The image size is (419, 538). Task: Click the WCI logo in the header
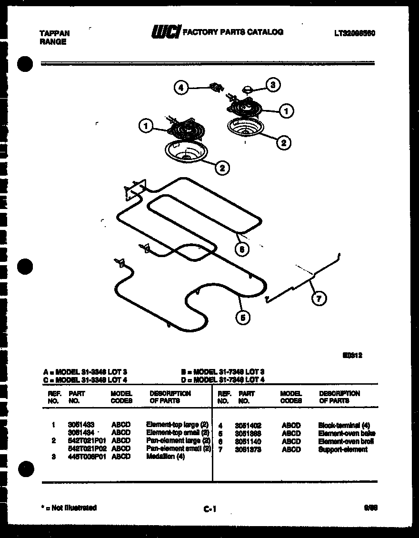(165, 32)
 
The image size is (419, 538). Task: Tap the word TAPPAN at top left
(54, 33)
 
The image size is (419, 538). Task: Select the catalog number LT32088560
(354, 34)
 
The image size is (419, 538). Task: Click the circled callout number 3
(272, 85)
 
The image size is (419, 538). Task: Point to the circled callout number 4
(180, 88)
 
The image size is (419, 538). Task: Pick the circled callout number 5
(243, 318)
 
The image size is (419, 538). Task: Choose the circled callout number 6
(242, 249)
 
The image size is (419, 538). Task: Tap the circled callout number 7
(319, 299)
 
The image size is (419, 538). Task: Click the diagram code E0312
(352, 355)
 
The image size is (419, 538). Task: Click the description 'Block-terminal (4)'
(344, 425)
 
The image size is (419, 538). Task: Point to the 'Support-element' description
(342, 449)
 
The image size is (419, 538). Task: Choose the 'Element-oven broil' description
(346, 441)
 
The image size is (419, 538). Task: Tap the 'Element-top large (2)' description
(177, 424)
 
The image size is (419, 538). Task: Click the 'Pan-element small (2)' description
(178, 448)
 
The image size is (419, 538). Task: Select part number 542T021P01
(86, 440)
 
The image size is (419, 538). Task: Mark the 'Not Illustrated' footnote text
(70, 508)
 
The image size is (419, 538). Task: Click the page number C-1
(209, 509)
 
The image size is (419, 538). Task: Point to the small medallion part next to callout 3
(248, 89)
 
